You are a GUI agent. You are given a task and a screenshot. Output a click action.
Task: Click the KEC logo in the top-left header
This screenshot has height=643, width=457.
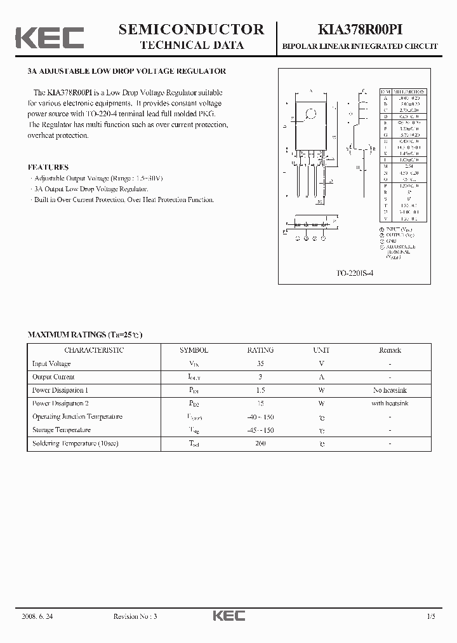[x=50, y=37]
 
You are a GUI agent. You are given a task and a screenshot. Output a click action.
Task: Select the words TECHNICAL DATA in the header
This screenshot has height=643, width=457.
[x=191, y=45]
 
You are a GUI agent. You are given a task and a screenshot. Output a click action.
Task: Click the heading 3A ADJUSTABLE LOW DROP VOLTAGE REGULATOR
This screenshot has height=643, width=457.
[x=127, y=71]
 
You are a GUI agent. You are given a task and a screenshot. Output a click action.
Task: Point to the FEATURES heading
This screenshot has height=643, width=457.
[x=48, y=167]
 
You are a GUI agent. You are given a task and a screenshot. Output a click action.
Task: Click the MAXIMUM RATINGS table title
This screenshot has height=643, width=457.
[x=84, y=334]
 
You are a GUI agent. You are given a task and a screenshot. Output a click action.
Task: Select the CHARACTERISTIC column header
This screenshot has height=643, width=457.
[x=94, y=350]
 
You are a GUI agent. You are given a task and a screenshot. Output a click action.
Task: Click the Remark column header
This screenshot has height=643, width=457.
[x=390, y=350]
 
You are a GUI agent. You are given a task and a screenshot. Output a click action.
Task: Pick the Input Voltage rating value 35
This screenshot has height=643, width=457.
[x=260, y=363]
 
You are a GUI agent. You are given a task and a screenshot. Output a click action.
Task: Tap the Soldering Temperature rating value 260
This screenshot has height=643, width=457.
[x=260, y=443]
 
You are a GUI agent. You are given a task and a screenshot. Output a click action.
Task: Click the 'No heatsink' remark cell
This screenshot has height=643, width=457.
[x=390, y=390]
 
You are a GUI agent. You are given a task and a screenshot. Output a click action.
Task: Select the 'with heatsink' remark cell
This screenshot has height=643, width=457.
[x=390, y=403]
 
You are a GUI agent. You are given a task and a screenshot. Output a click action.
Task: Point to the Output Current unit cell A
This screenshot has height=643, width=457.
[x=321, y=377]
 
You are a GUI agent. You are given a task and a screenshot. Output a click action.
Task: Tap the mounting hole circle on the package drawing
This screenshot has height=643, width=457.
[x=311, y=115]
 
